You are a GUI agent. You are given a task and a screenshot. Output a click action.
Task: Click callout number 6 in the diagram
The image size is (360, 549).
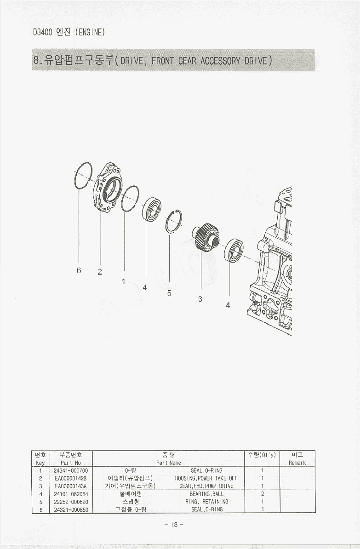79,270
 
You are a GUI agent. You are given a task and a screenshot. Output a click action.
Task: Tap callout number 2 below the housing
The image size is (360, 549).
100,271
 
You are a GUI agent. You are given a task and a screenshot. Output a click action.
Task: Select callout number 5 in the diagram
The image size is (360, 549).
169,293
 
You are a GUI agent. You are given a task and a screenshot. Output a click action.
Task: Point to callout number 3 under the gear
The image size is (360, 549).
200,299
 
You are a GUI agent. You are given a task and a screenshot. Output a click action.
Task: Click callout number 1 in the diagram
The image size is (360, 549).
123,281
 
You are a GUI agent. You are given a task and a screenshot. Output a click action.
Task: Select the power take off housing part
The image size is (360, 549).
107,187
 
